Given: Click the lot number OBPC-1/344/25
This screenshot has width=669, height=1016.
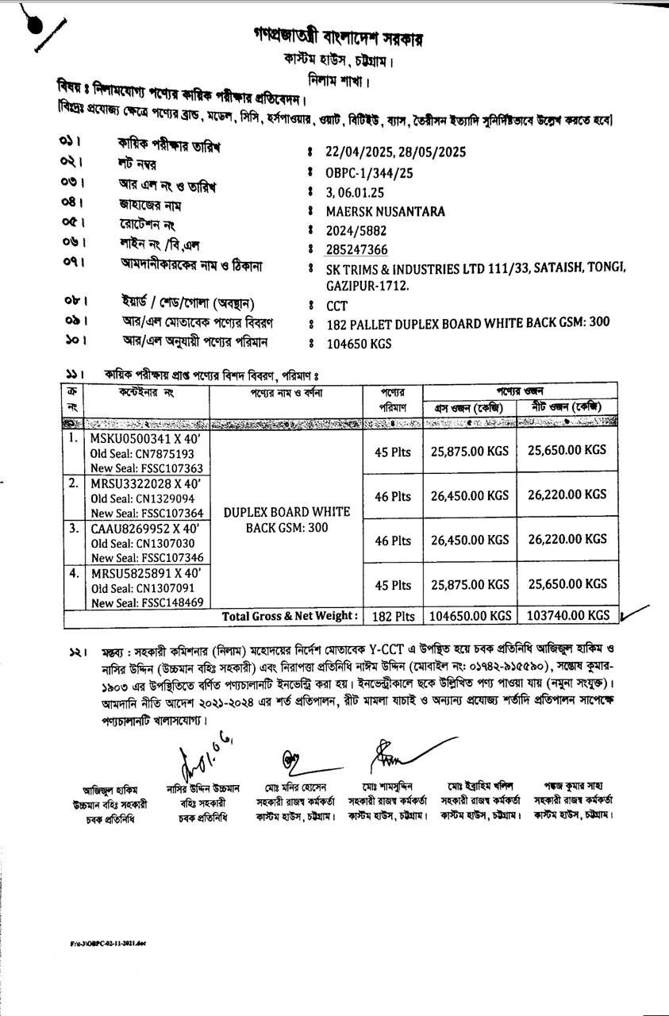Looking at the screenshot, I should pyautogui.click(x=369, y=172).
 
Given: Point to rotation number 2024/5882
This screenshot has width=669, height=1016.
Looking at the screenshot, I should pyautogui.click(x=357, y=231).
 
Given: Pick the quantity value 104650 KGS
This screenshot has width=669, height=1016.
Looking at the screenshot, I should pyautogui.click(x=359, y=344).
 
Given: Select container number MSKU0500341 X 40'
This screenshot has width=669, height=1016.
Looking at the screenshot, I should pyautogui.click(x=145, y=439).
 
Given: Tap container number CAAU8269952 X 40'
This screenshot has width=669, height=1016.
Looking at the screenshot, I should pyautogui.click(x=144, y=528).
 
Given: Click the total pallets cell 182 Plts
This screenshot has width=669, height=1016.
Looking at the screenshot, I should pyautogui.click(x=394, y=616).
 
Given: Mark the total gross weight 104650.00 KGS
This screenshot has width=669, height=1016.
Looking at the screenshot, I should pyautogui.click(x=471, y=616).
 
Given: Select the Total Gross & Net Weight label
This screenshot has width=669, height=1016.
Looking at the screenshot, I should pyautogui.click(x=290, y=616).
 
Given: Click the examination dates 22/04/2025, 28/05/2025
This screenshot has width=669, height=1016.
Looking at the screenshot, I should pyautogui.click(x=396, y=152).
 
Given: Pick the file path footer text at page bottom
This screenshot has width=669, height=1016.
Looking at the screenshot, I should pyautogui.click(x=108, y=944).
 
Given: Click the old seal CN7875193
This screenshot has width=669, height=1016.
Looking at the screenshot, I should pyautogui.click(x=142, y=454).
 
